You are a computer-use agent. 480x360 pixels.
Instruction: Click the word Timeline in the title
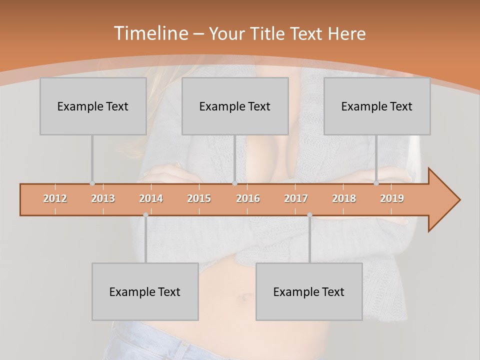click(x=150, y=33)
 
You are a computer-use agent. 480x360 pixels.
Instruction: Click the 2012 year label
click(x=55, y=198)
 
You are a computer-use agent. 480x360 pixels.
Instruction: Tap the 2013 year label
click(x=103, y=198)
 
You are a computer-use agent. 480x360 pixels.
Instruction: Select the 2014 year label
click(x=151, y=198)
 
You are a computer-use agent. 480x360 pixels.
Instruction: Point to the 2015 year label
click(x=199, y=198)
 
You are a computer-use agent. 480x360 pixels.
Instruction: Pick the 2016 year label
click(x=248, y=198)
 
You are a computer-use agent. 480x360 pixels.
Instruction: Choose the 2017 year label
click(x=296, y=198)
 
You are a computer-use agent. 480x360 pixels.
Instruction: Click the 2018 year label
click(x=344, y=198)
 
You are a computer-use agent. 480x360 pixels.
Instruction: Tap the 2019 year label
click(x=392, y=198)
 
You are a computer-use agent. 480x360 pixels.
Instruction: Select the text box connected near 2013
click(x=92, y=106)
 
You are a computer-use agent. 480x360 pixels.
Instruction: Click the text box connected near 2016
click(x=234, y=106)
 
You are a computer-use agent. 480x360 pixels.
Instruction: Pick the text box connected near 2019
click(x=376, y=106)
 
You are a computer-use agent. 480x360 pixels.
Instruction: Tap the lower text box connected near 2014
click(x=145, y=291)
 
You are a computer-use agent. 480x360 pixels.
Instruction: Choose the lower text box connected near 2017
click(x=308, y=291)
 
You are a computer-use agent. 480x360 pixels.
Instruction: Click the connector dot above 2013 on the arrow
click(x=92, y=183)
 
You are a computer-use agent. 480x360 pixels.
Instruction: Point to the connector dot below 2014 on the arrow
click(x=145, y=214)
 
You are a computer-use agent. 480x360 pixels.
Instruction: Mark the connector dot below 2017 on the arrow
click(x=309, y=214)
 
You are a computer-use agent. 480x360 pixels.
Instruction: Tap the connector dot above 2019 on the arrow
click(x=376, y=183)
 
